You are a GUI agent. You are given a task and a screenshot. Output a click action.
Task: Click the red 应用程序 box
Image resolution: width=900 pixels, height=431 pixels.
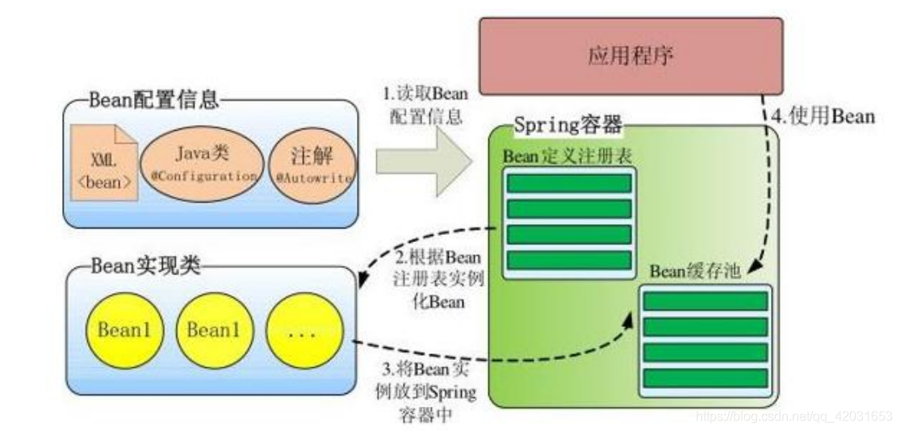pos(630,56)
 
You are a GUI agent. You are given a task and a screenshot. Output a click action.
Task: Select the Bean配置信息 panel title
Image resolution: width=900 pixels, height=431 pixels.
pos(153,100)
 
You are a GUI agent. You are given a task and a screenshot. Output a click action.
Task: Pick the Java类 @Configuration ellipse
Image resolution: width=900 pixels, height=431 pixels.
pos(202,162)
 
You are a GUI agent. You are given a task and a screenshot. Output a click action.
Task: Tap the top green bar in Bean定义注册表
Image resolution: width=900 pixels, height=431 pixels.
pos(569,183)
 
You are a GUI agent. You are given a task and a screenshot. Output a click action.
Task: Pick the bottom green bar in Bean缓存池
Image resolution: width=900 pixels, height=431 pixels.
pos(705,378)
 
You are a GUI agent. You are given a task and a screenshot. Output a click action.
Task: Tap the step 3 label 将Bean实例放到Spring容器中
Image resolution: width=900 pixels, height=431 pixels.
pos(428,392)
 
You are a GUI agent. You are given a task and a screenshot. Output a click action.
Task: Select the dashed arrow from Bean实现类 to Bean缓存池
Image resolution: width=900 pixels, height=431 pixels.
pos(500,358)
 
